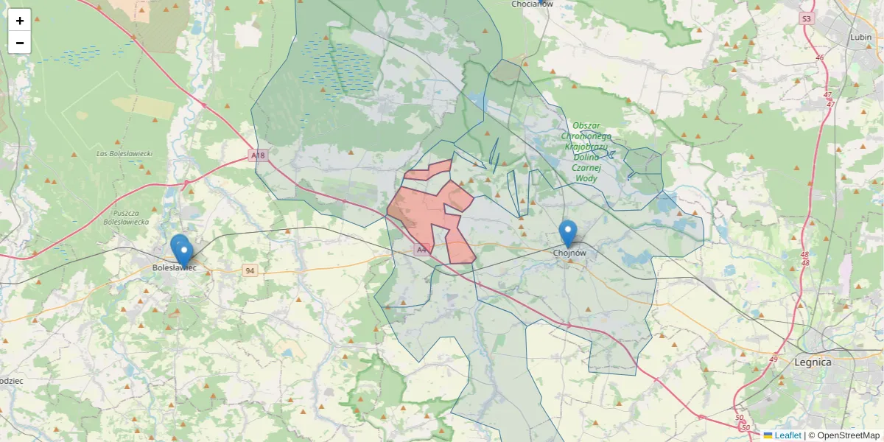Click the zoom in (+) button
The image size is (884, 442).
tap(20, 21)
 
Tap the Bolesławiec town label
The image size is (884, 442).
tap(174, 268)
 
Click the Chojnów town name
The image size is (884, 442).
tap(569, 253)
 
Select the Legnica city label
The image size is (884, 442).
tap(813, 362)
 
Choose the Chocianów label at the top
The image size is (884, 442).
tap(532, 4)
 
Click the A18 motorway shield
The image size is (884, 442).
tap(257, 155)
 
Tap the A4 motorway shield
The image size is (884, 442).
tap(421, 250)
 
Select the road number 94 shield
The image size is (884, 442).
tap(251, 271)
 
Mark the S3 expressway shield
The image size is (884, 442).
tap(806, 19)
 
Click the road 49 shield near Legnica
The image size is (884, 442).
tap(773, 359)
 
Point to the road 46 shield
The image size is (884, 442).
tap(819, 57)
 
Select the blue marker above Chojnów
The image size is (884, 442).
tap(567, 233)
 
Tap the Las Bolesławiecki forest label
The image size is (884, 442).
tap(124, 153)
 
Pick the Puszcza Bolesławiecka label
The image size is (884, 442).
tap(126, 217)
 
